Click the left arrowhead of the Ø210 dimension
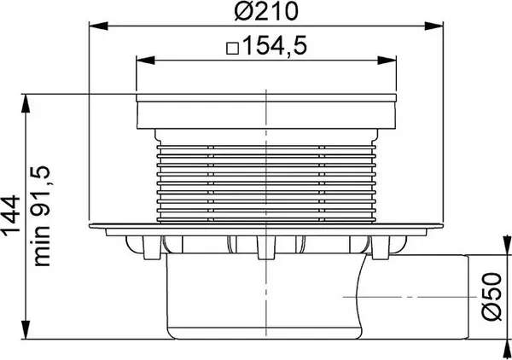[93, 27]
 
